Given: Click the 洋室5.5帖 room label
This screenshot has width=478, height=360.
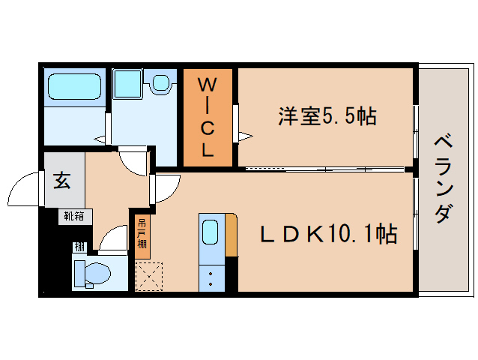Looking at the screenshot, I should point(327,116).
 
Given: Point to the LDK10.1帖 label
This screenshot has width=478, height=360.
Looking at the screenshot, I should point(328,234).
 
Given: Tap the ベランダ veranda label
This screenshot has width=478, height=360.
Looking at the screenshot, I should point(443,178).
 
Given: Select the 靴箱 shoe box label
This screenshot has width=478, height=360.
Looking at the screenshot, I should point(73,217).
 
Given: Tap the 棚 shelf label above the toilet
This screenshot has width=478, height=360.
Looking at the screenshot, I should point(79,247).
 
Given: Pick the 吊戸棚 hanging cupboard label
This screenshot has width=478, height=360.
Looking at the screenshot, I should point(142,233).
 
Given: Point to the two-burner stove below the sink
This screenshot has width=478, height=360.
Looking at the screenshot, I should point(211,278).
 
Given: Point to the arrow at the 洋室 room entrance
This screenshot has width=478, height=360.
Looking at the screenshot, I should point(245,135).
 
